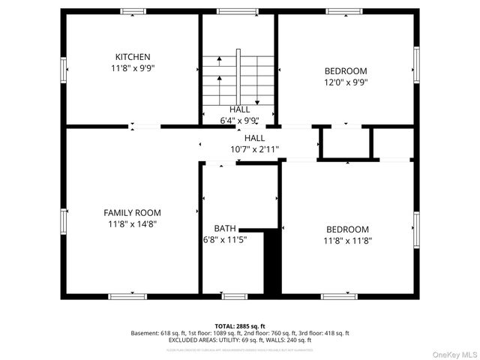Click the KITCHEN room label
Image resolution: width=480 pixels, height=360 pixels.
click(133, 57)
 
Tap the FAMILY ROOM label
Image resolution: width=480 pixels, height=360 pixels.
click(132, 213)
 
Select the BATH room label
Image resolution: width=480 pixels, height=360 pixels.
click(224, 229)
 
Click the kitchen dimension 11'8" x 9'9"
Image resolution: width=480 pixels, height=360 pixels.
click(133, 68)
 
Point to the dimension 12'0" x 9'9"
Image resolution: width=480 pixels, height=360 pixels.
click(346, 82)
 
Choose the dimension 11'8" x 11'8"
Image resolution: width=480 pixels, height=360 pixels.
click(347, 241)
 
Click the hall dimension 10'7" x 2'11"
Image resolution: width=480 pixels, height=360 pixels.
click(254, 149)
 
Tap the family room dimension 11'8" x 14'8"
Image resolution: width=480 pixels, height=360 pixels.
click(132, 223)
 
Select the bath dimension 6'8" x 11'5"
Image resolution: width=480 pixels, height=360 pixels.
click(225, 240)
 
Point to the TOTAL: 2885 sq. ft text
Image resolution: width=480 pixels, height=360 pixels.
click(239, 324)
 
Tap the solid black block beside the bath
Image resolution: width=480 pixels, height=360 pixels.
click(271, 262)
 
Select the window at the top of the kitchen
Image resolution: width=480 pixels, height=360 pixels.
click(133, 12)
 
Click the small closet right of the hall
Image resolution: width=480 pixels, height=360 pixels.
click(345, 142)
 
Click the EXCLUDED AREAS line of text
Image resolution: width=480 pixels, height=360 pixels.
click(239, 339)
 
